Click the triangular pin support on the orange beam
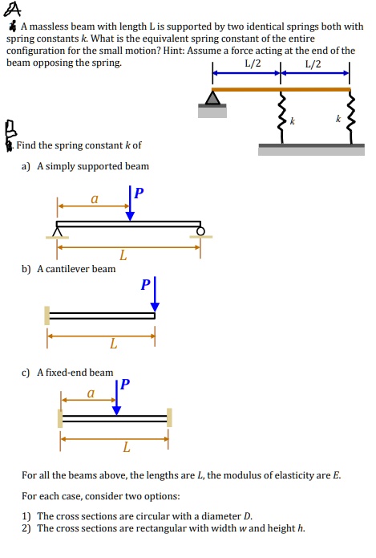[212, 98]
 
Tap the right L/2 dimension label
[313, 64]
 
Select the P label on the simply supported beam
[139, 193]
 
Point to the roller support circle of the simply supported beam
[200, 230]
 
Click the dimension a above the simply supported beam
[94, 195]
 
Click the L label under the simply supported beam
[122, 256]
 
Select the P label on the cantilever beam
[145, 284]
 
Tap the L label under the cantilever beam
[113, 344]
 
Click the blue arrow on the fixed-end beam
[117, 398]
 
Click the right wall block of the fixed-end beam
[169, 417]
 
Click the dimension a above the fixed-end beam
[90, 393]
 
